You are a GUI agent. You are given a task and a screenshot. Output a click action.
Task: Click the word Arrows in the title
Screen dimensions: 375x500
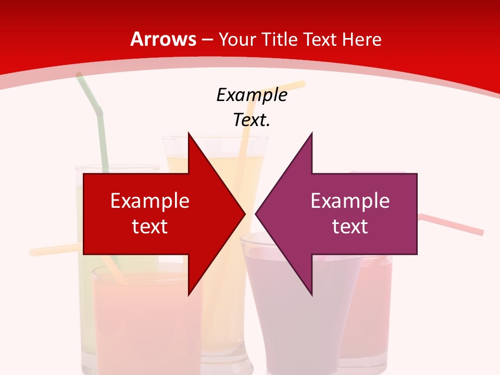click(x=164, y=40)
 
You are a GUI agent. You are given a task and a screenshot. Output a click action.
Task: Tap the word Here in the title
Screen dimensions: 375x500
click(x=362, y=40)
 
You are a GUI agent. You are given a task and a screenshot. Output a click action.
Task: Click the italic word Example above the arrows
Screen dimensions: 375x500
click(x=252, y=95)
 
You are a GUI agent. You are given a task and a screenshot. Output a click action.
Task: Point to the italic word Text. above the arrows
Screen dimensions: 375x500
click(x=252, y=120)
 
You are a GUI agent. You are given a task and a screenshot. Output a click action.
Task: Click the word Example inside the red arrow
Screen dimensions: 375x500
click(x=150, y=201)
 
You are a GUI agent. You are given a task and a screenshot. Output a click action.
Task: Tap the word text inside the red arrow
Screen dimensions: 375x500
click(x=150, y=227)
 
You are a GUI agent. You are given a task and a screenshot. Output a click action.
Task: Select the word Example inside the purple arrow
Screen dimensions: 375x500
click(x=350, y=201)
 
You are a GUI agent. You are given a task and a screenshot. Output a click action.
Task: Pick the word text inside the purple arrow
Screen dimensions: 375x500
click(x=350, y=227)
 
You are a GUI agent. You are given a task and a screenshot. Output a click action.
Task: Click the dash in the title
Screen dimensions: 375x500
click(x=207, y=40)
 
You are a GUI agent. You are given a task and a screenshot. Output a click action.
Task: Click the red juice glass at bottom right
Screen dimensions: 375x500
click(x=370, y=312)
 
